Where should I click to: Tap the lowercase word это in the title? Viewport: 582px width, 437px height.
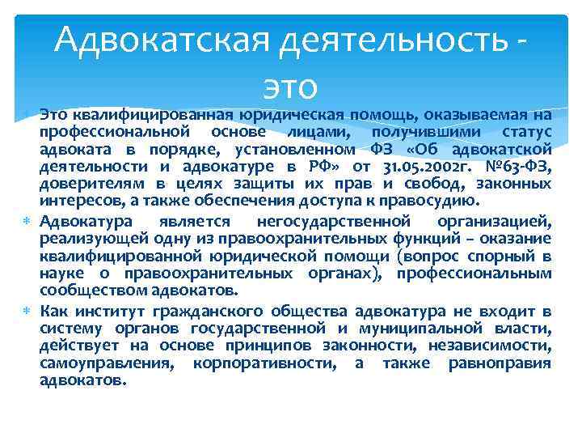[291, 83]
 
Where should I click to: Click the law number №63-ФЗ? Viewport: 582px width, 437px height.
[519, 168]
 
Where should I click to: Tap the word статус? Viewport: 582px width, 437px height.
[526, 131]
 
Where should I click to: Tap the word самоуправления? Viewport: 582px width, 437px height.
[106, 364]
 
